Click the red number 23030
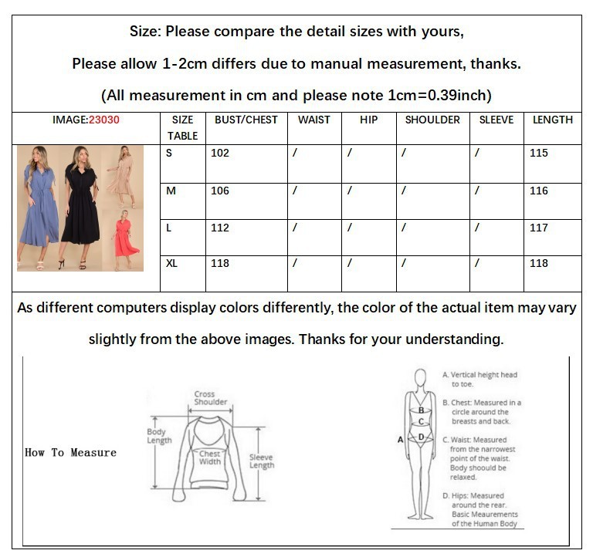[104, 120]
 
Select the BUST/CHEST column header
[246, 120]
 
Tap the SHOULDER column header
[432, 120]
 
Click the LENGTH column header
[553, 120]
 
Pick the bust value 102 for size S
[220, 153]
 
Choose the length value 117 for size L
[538, 228]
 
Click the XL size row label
[171, 263]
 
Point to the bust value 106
[220, 191]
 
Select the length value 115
[538, 153]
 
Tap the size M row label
[171, 191]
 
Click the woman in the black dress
[80, 207]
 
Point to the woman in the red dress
[126, 240]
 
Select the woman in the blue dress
[38, 208]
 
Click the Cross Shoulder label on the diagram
[210, 398]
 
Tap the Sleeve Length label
[261, 461]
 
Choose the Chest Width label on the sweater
[210, 457]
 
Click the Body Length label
[159, 436]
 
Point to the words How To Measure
[71, 452]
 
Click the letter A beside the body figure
[400, 440]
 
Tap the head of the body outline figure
[420, 378]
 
